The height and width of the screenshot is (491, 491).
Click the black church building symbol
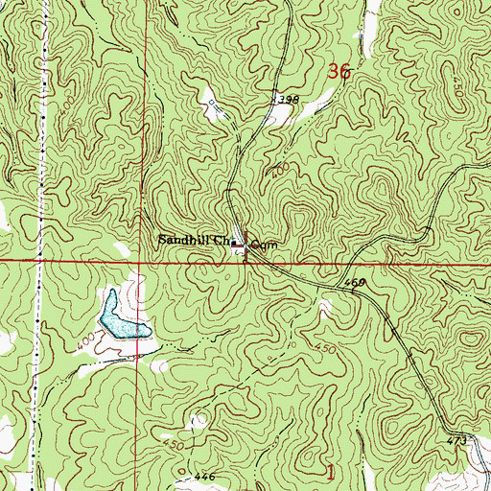235,244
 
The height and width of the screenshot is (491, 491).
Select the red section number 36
339,71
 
